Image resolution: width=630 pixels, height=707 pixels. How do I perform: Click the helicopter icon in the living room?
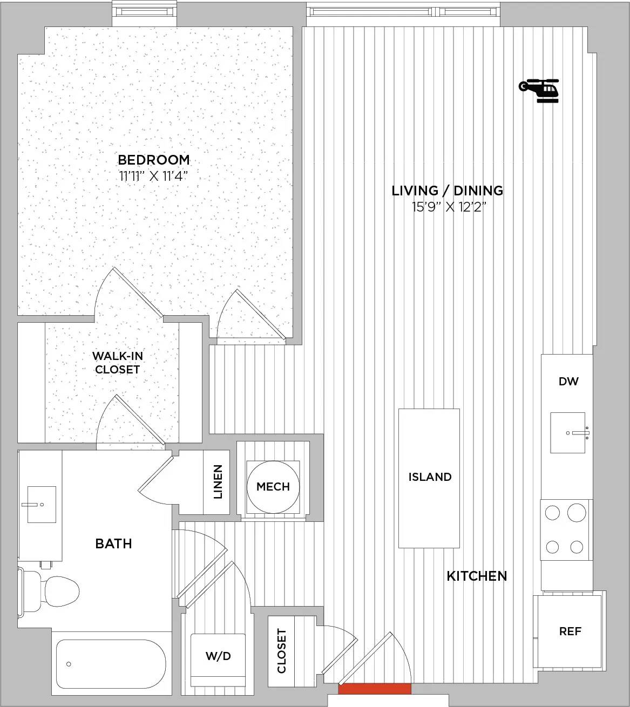539,91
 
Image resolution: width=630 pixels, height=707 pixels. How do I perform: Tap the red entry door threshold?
375,689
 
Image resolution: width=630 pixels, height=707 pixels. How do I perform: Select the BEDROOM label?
154,160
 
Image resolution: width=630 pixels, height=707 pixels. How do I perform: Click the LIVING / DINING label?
448,191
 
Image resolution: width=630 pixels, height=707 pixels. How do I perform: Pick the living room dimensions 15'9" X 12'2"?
449,207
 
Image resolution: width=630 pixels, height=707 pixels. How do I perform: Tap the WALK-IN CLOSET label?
117,363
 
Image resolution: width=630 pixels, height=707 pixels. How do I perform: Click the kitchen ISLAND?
429,478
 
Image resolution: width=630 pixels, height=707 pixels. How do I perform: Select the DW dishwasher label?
568,382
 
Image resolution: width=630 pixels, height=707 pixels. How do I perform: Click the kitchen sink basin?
567,433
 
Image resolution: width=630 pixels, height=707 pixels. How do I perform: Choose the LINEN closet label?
218,481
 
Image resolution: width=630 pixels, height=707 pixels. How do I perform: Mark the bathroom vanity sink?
42,505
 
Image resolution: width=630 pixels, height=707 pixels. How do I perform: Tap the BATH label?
113,543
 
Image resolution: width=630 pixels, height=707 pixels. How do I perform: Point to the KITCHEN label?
477,576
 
